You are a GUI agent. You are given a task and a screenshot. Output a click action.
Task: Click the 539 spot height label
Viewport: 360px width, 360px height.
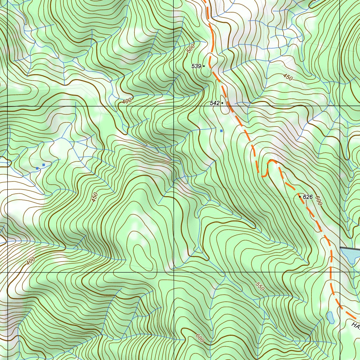(196, 66)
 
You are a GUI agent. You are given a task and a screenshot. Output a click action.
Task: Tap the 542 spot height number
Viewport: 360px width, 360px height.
(214, 103)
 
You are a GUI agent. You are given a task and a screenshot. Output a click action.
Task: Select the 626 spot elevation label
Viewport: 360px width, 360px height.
(308, 197)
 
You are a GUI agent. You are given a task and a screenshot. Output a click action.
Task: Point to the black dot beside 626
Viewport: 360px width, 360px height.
(300, 197)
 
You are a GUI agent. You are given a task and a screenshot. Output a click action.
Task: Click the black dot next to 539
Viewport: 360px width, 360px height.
(204, 66)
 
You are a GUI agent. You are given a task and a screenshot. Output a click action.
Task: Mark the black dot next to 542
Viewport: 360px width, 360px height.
(222, 103)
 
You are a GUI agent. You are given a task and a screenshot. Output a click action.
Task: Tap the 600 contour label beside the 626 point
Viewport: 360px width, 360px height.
(319, 201)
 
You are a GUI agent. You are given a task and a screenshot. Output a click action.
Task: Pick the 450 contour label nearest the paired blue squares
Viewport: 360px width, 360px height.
(95, 197)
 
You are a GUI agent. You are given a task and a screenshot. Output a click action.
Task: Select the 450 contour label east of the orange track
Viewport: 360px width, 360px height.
(288, 77)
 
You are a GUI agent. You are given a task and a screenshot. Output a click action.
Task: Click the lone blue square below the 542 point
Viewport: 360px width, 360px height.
(221, 131)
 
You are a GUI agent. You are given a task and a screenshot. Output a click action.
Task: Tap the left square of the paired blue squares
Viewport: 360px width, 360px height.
(37, 168)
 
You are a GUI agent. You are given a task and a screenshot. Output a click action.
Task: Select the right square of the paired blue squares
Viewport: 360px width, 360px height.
(44, 165)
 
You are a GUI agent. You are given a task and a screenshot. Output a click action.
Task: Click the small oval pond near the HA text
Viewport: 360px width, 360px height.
(330, 317)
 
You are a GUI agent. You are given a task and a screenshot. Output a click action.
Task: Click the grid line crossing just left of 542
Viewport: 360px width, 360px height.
(174, 106)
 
